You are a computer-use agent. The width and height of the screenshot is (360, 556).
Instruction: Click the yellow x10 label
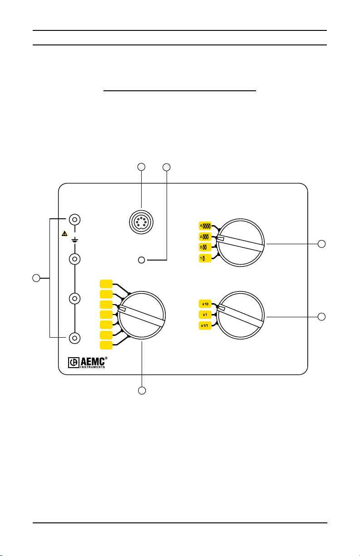click(205, 304)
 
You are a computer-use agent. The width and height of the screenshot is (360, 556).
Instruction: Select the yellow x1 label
click(205, 315)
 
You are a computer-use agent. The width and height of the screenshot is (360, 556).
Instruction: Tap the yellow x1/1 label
click(205, 325)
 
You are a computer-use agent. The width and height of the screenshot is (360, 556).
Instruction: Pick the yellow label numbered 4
click(205, 226)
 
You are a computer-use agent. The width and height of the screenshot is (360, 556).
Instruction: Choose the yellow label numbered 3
click(205, 236)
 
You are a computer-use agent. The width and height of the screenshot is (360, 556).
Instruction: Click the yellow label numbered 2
click(205, 247)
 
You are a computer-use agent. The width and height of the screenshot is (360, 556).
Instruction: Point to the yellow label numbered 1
click(205, 258)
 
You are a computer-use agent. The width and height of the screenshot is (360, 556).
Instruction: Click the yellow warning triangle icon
click(64, 234)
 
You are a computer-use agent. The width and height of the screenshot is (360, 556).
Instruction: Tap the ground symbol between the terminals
click(75, 240)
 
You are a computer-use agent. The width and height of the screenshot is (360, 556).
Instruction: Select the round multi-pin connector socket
click(141, 222)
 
